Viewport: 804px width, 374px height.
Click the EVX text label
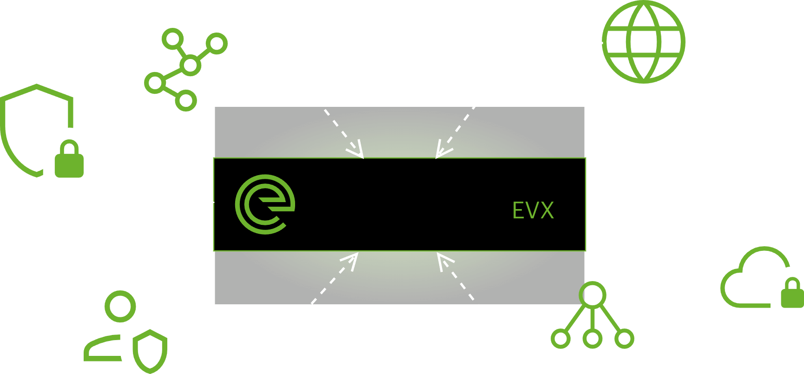tap(533, 210)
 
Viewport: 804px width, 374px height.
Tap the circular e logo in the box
tap(264, 204)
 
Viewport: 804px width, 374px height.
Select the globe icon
tap(644, 42)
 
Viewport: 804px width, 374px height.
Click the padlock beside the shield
tap(69, 160)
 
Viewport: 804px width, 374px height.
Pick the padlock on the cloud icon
tap(792, 294)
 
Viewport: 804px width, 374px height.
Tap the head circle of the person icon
tap(120, 306)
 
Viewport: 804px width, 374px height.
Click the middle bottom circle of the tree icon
tap(593, 339)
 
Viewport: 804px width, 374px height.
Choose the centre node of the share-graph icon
tap(190, 65)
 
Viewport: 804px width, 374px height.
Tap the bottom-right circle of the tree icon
tap(624, 339)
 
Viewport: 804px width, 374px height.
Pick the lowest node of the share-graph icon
tap(185, 100)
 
